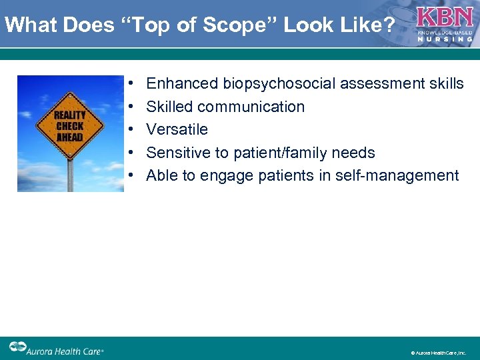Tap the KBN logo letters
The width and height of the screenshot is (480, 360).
[445, 17]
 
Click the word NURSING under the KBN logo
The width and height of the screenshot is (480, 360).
[445, 39]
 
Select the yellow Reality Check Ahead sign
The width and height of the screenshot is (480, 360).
[70, 126]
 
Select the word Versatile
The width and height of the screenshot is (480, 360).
[177, 129]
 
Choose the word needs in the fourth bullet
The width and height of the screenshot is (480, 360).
[355, 153]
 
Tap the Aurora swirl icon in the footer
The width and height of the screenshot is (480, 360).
[17, 347]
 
